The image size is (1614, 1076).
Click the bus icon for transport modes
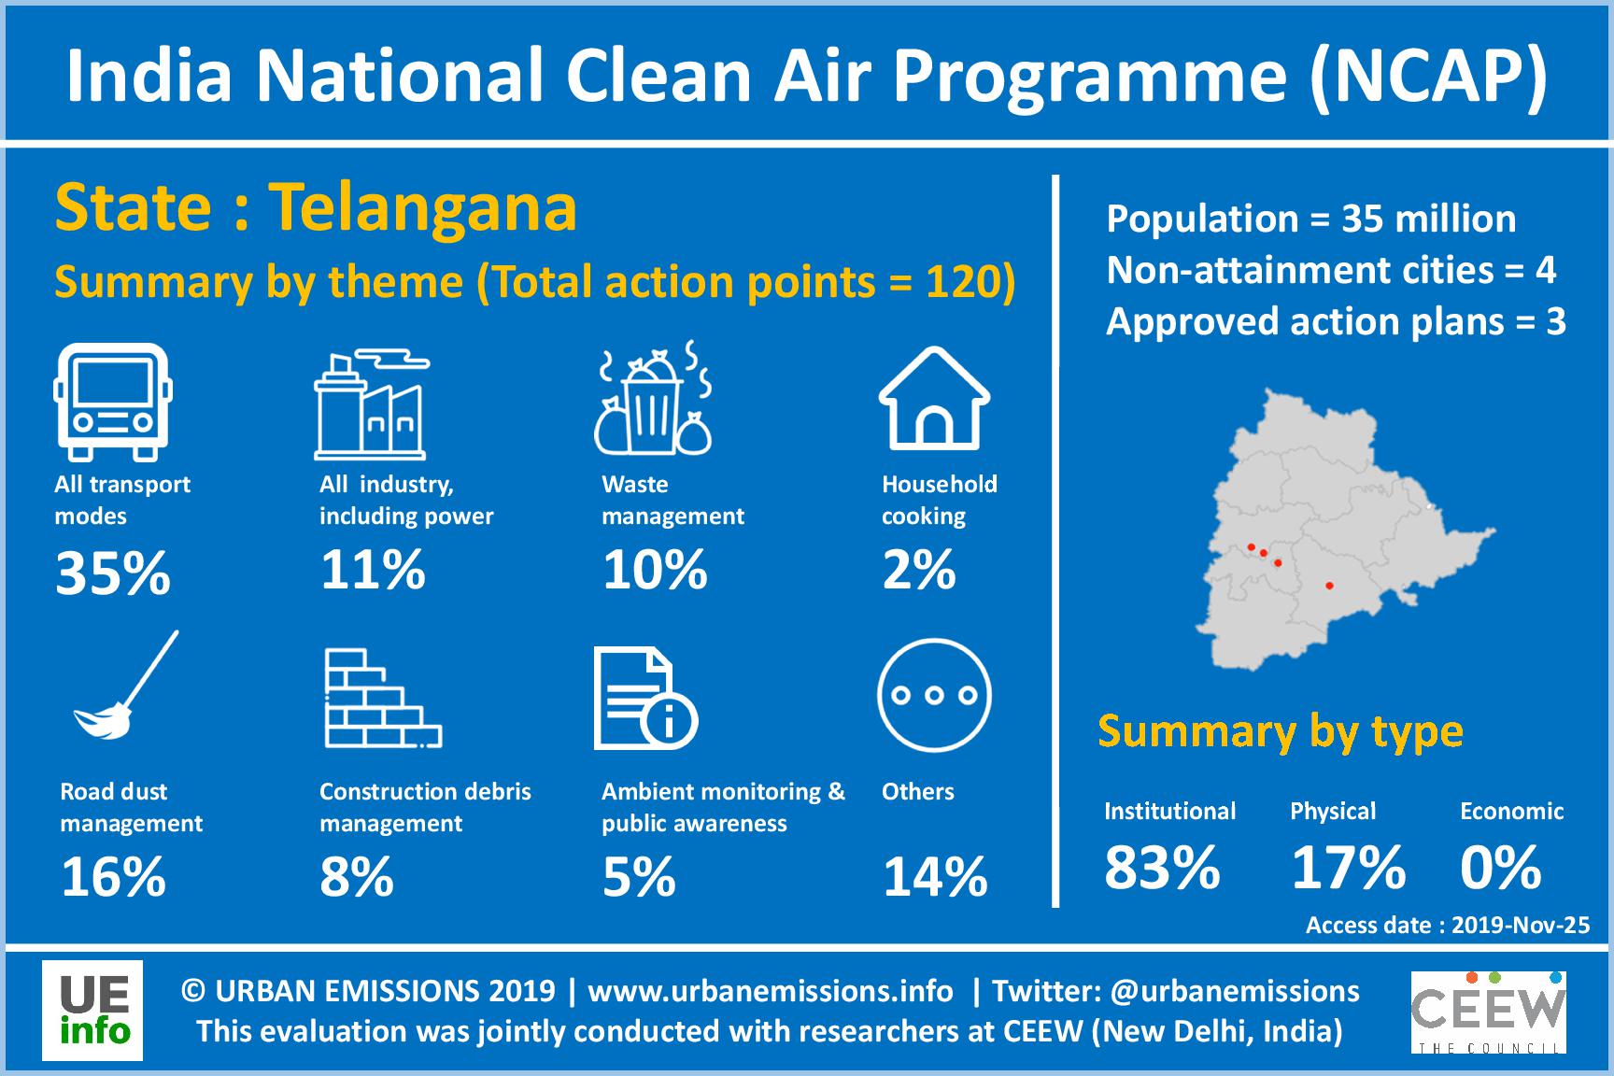[x=113, y=402]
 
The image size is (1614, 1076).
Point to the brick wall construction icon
[x=383, y=699]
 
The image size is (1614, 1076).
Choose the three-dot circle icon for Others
[x=934, y=695]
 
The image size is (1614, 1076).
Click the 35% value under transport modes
[x=113, y=573]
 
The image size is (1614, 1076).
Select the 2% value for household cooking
[x=919, y=570]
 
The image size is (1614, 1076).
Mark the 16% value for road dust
[x=114, y=877]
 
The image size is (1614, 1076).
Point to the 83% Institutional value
[x=1163, y=868]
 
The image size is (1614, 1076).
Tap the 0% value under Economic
[x=1501, y=868]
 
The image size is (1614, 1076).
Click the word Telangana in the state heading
[x=424, y=207]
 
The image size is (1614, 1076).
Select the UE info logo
[x=92, y=1011]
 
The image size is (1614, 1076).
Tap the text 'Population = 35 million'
[x=1311, y=219]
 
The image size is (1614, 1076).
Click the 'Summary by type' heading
[x=1281, y=732]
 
